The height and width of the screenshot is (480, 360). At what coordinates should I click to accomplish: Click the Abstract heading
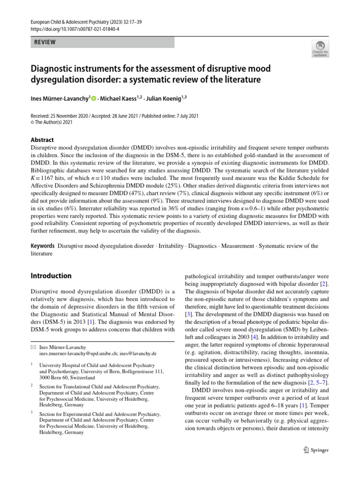42,140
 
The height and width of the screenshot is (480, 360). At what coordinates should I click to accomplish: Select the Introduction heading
51,276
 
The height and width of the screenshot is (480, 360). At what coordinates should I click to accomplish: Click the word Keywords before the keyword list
43,246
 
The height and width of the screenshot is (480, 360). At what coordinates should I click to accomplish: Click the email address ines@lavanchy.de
142,353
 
